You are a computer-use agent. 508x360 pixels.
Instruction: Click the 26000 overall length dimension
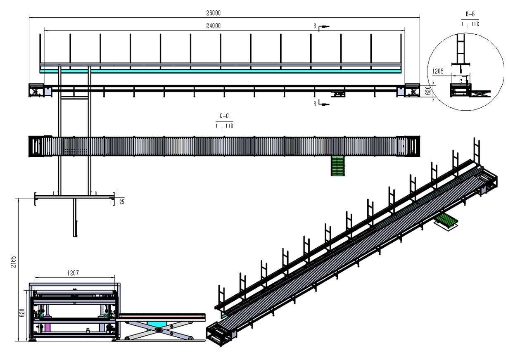[213, 13]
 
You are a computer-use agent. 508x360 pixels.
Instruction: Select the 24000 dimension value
[213, 26]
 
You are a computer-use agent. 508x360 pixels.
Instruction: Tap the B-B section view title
[470, 14]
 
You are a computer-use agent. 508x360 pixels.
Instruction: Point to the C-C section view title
[224, 116]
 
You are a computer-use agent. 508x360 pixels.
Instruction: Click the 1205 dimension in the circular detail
[438, 71]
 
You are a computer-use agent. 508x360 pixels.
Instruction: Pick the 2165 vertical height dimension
[14, 262]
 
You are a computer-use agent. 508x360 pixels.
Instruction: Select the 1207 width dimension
[73, 273]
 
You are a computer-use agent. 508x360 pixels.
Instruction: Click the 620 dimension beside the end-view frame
[22, 313]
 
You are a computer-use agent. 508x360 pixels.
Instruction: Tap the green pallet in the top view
[338, 166]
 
